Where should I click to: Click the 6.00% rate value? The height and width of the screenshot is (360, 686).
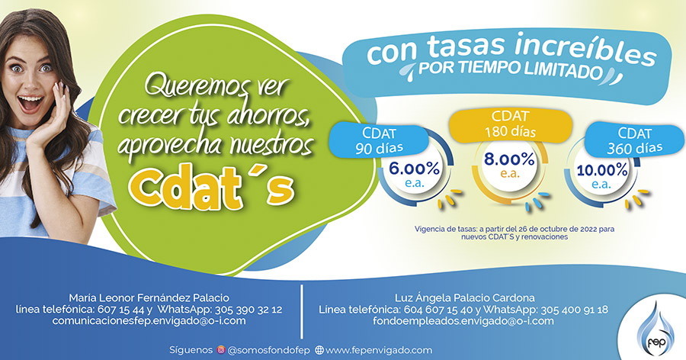(x=415, y=169)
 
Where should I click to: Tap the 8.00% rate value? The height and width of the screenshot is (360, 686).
(x=509, y=159)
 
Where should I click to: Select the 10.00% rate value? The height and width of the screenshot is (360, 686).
(x=601, y=170)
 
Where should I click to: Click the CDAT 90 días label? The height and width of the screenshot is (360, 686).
(x=379, y=141)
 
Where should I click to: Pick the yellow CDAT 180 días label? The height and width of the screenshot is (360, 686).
(x=510, y=124)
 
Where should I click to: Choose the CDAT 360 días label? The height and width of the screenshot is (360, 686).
(x=634, y=141)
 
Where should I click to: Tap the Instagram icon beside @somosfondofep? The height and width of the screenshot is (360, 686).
(x=221, y=350)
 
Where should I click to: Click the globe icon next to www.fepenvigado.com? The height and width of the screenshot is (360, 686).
(x=319, y=350)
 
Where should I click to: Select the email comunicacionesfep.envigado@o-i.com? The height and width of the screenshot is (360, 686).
(x=149, y=320)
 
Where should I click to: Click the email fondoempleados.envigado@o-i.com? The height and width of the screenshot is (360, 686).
(x=463, y=320)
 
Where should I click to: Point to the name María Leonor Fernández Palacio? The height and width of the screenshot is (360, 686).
(x=149, y=297)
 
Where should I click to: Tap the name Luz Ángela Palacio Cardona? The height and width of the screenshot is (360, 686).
(x=465, y=297)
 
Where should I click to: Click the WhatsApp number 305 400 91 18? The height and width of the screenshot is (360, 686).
(x=575, y=310)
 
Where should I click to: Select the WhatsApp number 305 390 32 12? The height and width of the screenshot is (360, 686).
(x=248, y=310)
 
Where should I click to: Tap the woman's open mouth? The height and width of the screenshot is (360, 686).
(x=30, y=104)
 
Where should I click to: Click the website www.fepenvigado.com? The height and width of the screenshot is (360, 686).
(x=379, y=350)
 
